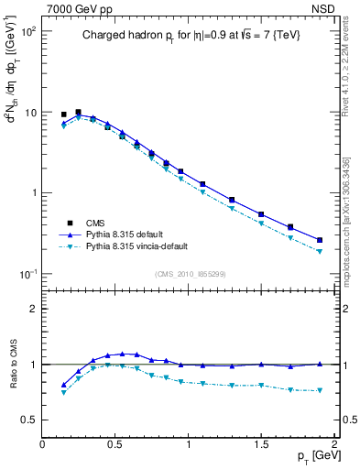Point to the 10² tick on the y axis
click(28, 31)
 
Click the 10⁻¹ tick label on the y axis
click(28, 274)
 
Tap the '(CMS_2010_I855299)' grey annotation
click(190, 275)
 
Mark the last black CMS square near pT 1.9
click(320, 240)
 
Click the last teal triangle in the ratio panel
click(320, 390)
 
